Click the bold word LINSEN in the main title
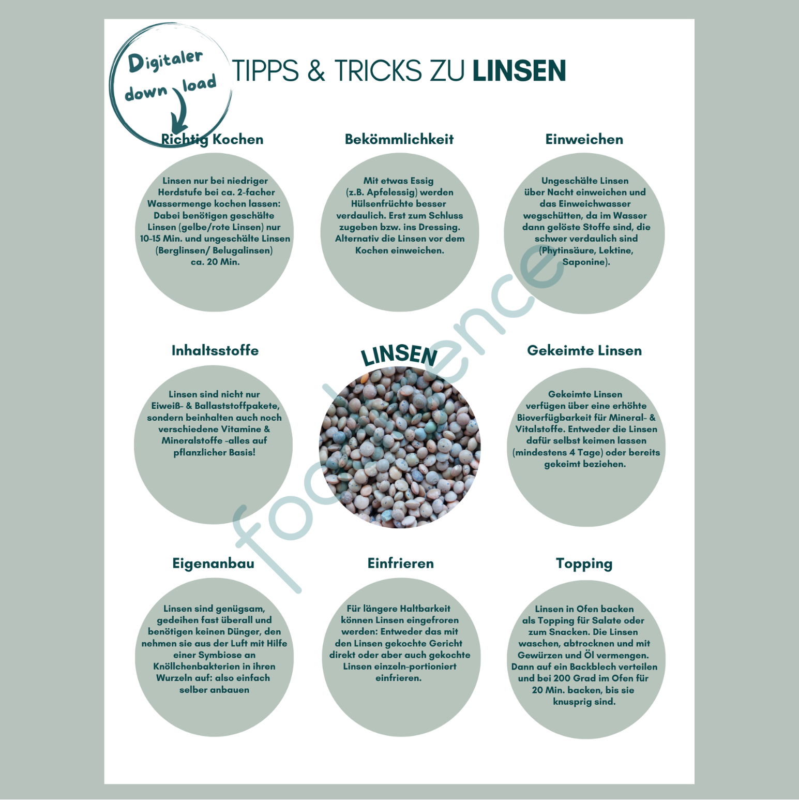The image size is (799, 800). (519, 71)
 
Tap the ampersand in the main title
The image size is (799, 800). (316, 71)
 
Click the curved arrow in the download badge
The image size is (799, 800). (180, 111)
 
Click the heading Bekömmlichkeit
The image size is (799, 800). (399, 139)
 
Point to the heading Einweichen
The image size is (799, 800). (584, 139)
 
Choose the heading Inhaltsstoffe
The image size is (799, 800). (215, 350)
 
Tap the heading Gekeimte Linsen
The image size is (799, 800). (584, 350)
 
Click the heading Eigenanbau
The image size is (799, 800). (213, 564)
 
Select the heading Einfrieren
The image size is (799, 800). (401, 563)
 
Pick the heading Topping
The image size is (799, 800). (584, 564)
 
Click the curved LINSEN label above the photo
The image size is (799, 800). (399, 355)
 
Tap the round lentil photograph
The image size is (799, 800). (400, 447)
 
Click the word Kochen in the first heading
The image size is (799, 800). (238, 139)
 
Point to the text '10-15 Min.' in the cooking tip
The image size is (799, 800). (161, 239)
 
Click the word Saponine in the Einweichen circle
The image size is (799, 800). (584, 262)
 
